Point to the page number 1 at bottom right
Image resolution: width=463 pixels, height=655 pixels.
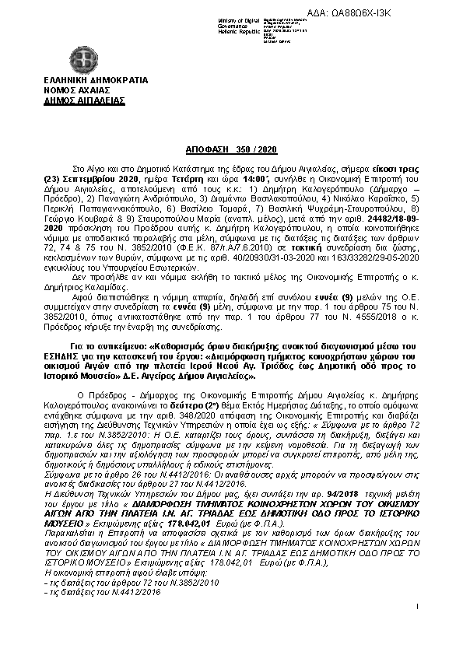coord(418,628)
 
